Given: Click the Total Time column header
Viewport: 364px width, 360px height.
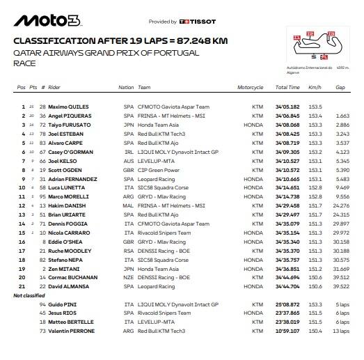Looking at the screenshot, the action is (x=287, y=88).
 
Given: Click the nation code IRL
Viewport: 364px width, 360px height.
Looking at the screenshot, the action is (x=127, y=151).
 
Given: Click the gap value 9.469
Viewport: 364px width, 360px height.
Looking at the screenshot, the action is (x=341, y=187).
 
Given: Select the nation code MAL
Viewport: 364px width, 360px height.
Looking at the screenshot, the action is (x=127, y=205).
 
